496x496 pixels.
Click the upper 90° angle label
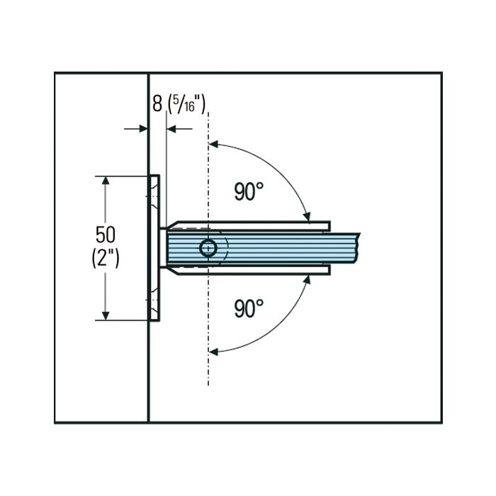(249, 191)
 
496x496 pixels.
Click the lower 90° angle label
(249, 308)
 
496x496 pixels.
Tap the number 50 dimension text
(106, 235)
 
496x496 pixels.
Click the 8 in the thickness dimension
(157, 103)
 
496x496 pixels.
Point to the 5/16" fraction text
(186, 103)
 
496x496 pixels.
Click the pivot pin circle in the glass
(208, 248)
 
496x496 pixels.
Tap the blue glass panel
(262, 248)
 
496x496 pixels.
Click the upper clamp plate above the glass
(248, 225)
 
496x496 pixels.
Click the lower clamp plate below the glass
(248, 270)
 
